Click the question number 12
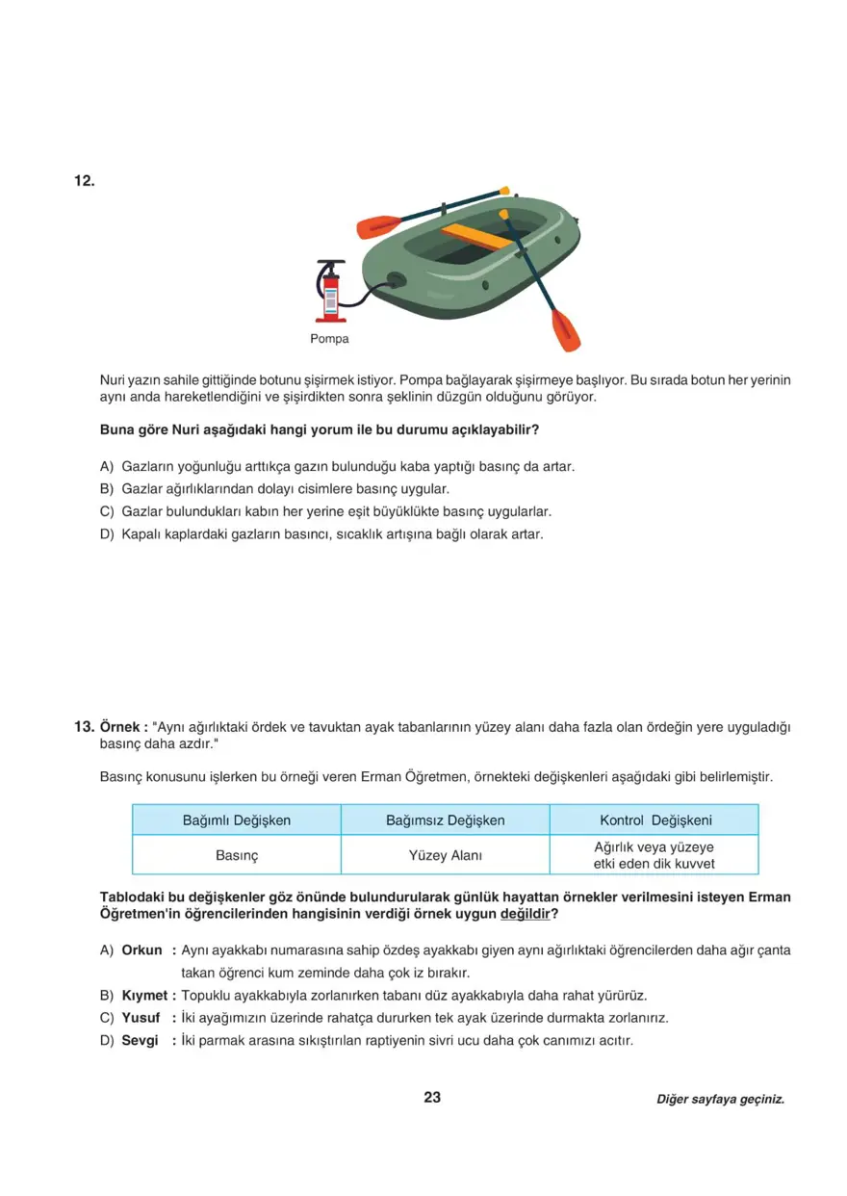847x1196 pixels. click(x=84, y=181)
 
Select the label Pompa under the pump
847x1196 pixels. click(x=329, y=339)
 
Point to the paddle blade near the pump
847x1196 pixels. click(x=377, y=227)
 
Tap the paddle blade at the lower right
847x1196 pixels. click(x=565, y=330)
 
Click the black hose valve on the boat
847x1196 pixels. click(x=395, y=281)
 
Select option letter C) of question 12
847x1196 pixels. click(x=107, y=512)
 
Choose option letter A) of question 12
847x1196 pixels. click(x=107, y=466)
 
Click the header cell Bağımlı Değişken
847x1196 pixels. click(x=237, y=820)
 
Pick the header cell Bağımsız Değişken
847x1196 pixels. click(x=445, y=820)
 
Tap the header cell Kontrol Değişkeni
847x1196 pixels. click(x=654, y=820)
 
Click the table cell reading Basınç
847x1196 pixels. click(x=237, y=855)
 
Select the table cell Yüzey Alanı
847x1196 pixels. click(x=445, y=855)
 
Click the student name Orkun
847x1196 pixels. click(x=141, y=950)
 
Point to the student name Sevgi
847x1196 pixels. click(x=140, y=1041)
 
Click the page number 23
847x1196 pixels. click(x=432, y=1097)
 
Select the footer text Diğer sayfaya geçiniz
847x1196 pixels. click(x=720, y=1099)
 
